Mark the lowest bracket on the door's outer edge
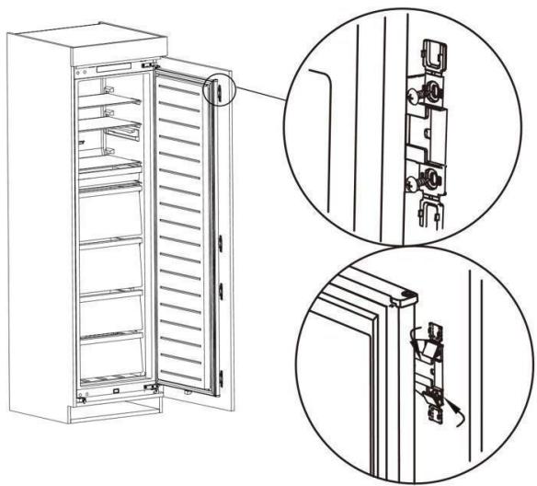[x=222, y=376]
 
